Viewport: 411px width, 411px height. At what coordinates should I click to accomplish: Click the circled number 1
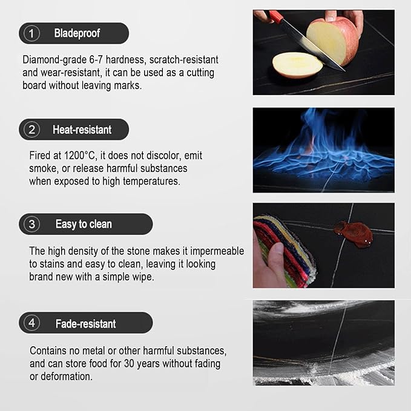[31, 33]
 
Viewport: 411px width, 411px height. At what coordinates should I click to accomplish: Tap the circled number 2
[31, 130]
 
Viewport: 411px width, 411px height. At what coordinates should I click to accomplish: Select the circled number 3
[31, 224]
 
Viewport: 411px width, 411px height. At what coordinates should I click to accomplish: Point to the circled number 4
[31, 323]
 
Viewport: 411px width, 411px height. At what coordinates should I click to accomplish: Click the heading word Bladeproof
[77, 33]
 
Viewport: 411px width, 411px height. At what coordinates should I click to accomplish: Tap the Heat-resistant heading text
[82, 130]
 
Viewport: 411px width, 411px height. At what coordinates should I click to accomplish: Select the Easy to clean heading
[84, 225]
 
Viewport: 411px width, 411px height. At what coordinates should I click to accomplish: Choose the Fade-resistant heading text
[86, 324]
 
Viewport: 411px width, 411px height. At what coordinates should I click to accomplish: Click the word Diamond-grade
[54, 60]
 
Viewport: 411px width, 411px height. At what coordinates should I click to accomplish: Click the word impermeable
[217, 251]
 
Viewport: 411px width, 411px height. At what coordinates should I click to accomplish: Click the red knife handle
[276, 16]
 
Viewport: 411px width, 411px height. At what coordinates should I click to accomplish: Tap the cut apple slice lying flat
[297, 65]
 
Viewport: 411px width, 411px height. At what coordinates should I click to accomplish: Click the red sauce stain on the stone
[353, 234]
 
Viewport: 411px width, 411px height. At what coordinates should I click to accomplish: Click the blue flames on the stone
[324, 146]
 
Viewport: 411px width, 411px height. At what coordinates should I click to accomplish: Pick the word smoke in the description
[44, 168]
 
